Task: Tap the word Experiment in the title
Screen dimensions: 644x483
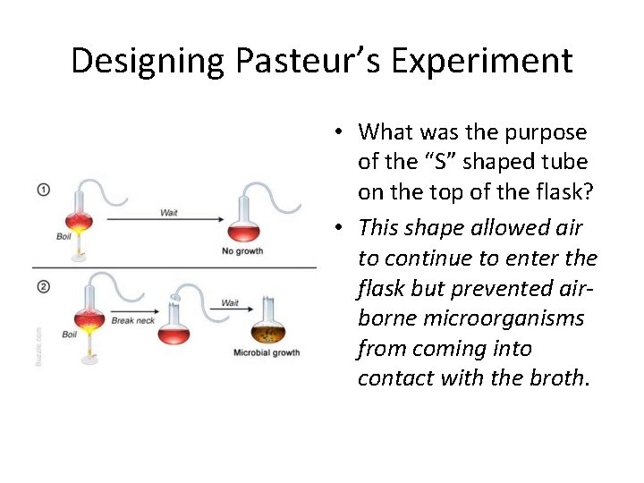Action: pos(483,61)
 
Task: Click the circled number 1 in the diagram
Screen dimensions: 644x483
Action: pos(43,190)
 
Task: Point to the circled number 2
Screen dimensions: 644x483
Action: pos(43,286)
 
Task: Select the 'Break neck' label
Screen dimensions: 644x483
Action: pos(132,320)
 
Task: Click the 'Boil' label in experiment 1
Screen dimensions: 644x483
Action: pos(64,236)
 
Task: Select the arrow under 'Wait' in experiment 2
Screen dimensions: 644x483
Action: pos(228,311)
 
